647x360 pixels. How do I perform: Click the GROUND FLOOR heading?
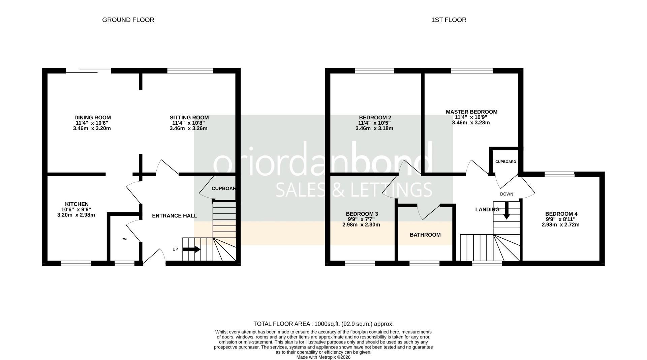pyautogui.click(x=128, y=20)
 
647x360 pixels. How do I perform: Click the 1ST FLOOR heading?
pyautogui.click(x=449, y=20)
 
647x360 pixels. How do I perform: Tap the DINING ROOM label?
pyautogui.click(x=92, y=118)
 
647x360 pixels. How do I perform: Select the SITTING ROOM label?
pyautogui.click(x=189, y=118)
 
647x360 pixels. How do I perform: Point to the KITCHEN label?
pyautogui.click(x=76, y=204)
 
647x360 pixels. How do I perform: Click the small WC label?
pyautogui.click(x=124, y=239)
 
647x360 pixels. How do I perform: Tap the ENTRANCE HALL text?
pyautogui.click(x=174, y=216)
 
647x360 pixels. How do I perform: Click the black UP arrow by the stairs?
pyautogui.click(x=191, y=249)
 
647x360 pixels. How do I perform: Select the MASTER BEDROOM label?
pyautogui.click(x=471, y=112)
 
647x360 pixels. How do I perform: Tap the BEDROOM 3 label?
pyautogui.click(x=362, y=214)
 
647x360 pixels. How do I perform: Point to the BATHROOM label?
pyautogui.click(x=425, y=235)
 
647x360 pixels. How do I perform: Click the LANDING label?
pyautogui.click(x=487, y=210)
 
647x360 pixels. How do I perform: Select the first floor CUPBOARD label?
pyautogui.click(x=505, y=162)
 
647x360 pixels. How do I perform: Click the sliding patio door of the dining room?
pyautogui.click(x=88, y=70)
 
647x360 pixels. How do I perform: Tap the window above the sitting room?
pyautogui.click(x=190, y=70)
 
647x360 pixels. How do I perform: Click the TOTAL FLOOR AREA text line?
pyautogui.click(x=323, y=324)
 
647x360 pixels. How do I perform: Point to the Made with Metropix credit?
pyautogui.click(x=323, y=357)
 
